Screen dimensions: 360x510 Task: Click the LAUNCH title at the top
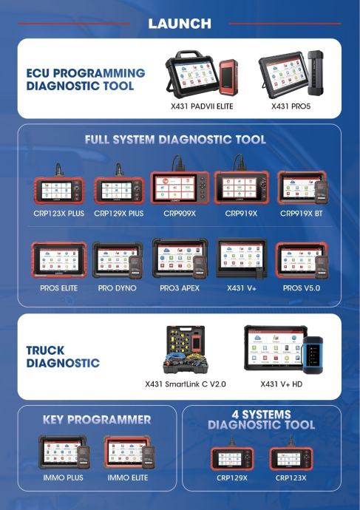click(180, 24)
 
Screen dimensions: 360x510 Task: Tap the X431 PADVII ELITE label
click(202, 106)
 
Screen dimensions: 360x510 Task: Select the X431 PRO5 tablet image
click(291, 75)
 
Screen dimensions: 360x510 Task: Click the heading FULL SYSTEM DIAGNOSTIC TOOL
click(175, 140)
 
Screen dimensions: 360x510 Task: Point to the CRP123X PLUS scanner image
click(59, 187)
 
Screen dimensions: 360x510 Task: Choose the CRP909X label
click(180, 214)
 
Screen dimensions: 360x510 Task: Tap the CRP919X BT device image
click(303, 188)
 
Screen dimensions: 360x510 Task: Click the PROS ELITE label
click(59, 288)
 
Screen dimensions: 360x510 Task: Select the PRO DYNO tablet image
click(118, 260)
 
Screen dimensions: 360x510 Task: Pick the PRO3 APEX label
click(180, 288)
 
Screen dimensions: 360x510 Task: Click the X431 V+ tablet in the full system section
click(242, 259)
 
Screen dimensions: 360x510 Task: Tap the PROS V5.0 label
click(302, 288)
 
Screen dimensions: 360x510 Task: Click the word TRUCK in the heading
click(45, 350)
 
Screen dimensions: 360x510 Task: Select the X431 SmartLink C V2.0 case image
click(184, 350)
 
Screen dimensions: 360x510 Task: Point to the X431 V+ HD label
click(282, 384)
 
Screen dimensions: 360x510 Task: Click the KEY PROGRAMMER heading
click(97, 420)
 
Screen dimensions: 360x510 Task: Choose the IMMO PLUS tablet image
click(64, 453)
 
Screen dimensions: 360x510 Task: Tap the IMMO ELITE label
click(128, 477)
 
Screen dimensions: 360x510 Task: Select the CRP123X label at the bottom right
click(291, 477)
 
